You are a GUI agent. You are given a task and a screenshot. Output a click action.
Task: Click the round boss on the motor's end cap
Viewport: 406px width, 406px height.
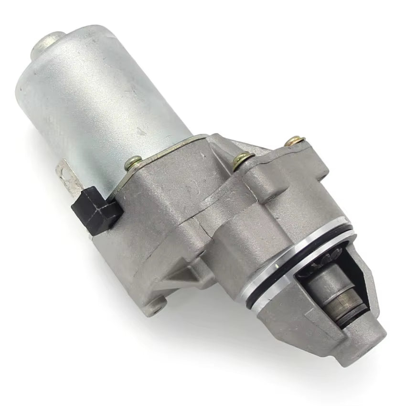(x=48, y=41)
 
